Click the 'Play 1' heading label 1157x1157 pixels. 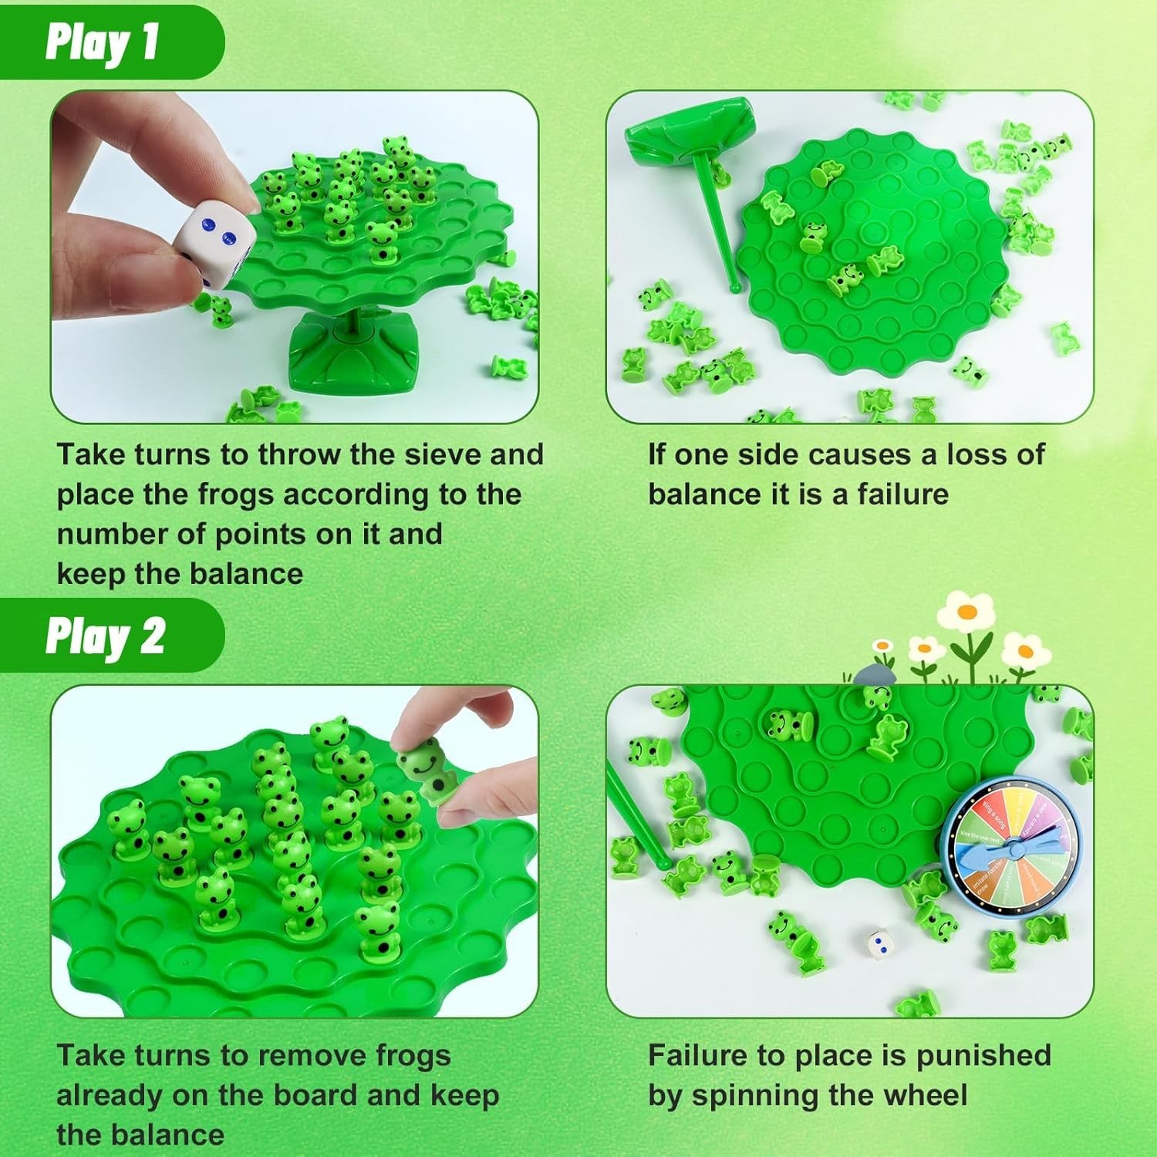tap(102, 42)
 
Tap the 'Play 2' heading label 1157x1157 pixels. tap(105, 637)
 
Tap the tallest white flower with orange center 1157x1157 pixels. tap(965, 613)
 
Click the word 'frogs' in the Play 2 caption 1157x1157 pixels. tap(412, 1056)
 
